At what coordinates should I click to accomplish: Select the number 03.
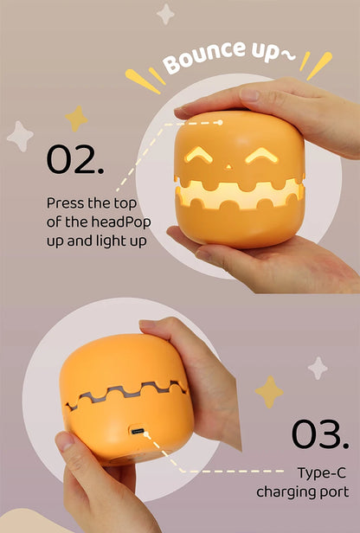[319, 434]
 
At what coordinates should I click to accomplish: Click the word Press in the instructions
[65, 203]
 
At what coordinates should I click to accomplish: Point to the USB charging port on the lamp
[138, 431]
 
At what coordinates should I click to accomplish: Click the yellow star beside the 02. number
[76, 118]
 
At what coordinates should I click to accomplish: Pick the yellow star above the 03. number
[269, 391]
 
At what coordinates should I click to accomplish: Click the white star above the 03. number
[318, 368]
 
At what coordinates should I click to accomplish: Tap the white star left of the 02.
[20, 136]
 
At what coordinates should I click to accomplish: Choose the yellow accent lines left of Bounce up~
[145, 80]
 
